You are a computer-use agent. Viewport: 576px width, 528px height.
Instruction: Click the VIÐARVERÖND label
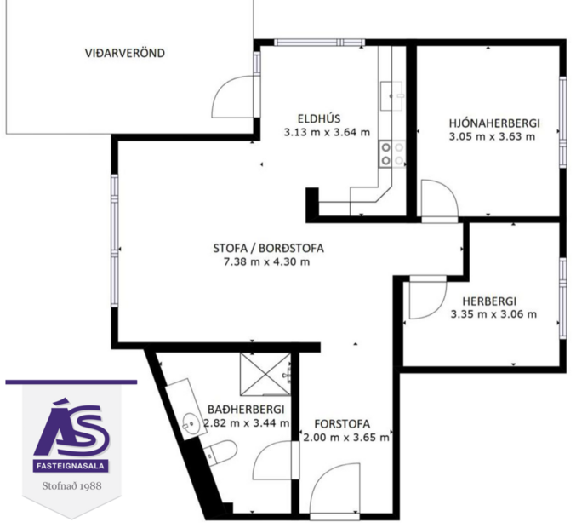125,53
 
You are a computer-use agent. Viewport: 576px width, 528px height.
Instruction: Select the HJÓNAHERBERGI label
493,123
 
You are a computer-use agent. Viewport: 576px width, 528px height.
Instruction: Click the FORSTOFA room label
341,423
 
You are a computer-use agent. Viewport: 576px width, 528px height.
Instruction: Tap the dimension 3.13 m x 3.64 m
327,132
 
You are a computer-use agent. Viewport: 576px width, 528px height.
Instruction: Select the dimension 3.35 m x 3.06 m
493,314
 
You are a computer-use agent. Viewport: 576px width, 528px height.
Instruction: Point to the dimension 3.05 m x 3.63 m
493,136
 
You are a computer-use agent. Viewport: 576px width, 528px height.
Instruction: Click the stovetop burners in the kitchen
391,153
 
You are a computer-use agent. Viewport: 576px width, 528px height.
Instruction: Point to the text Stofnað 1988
71,488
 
